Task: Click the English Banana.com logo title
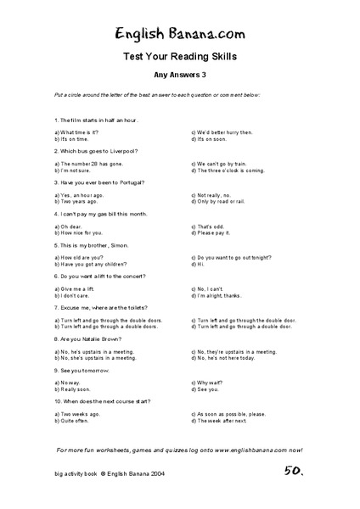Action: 179,33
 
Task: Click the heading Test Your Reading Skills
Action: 179,57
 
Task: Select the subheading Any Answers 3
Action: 180,75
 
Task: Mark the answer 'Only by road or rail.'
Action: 224,201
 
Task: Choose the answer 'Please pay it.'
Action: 215,232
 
